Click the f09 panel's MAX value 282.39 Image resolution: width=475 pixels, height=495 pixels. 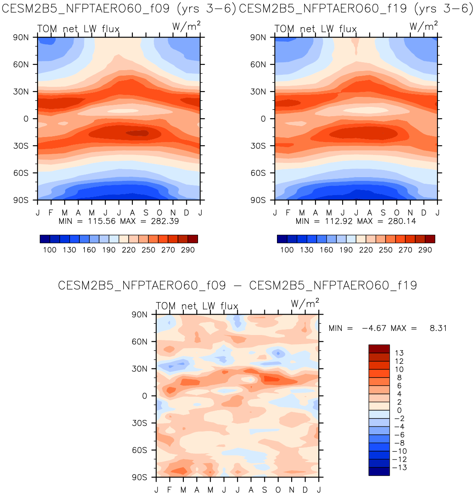(x=165, y=221)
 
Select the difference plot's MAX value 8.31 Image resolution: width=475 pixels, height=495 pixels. (x=438, y=328)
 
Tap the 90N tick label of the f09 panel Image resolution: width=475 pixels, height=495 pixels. (x=20, y=37)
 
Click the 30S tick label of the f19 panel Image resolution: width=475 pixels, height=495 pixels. (x=257, y=146)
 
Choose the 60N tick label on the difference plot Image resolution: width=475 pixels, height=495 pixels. (x=139, y=342)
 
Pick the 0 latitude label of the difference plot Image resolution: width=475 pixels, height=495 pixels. (x=145, y=396)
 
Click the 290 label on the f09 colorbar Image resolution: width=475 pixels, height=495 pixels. (x=188, y=250)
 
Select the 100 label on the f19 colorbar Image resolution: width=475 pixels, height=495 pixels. (x=287, y=250)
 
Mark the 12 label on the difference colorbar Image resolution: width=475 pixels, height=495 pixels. (x=399, y=361)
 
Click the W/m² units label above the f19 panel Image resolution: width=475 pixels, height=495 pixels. (x=424, y=27)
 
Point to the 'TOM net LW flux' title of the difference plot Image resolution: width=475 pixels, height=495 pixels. (x=197, y=306)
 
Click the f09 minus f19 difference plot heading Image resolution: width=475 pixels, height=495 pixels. (x=237, y=286)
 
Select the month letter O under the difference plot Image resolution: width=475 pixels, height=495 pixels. (x=278, y=490)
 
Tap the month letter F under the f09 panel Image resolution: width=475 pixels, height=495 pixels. (x=51, y=213)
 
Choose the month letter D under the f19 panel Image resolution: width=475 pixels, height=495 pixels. (x=424, y=213)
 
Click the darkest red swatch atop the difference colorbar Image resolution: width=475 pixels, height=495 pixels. (x=379, y=349)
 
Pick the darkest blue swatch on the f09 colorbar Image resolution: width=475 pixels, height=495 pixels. (x=45, y=239)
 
